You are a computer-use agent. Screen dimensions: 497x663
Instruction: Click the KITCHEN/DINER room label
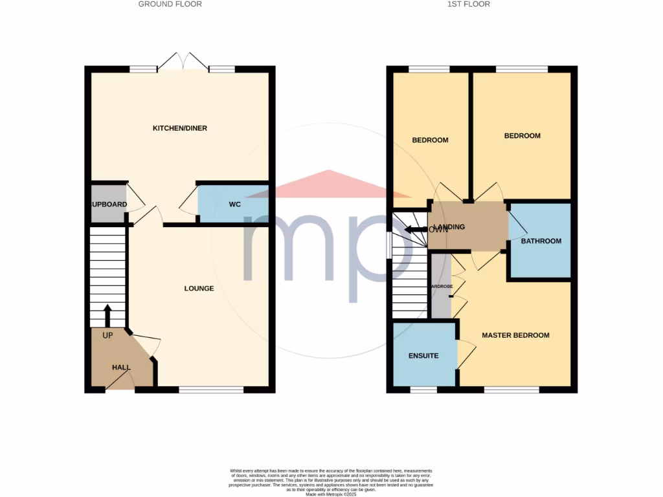[x=179, y=128]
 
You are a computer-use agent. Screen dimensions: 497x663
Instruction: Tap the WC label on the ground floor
[x=234, y=204]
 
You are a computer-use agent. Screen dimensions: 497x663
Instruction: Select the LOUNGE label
[x=199, y=288]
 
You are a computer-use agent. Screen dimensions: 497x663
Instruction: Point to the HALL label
[x=121, y=367]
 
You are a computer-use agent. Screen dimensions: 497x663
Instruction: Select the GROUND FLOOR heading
[x=170, y=4]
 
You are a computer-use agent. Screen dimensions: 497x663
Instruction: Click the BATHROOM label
[x=541, y=241]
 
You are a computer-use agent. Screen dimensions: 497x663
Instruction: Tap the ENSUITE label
[x=423, y=355]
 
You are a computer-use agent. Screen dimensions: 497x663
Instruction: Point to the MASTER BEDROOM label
[x=515, y=335]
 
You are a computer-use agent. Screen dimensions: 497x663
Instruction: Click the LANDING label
[x=449, y=227]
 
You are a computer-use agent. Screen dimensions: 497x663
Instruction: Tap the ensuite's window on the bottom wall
[x=423, y=390]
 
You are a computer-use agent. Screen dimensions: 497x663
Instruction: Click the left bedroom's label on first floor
[x=430, y=140]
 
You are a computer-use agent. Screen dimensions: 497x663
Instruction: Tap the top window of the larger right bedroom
[x=521, y=69]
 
